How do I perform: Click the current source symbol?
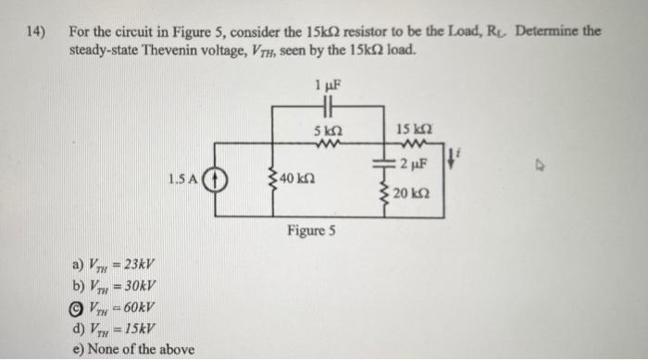pos(216,179)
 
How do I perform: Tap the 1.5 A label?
pos(184,178)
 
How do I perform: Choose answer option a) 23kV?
pos(112,262)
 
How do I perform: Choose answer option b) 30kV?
pos(112,285)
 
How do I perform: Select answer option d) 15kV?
pos(112,329)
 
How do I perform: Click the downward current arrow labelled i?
pos(453,158)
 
